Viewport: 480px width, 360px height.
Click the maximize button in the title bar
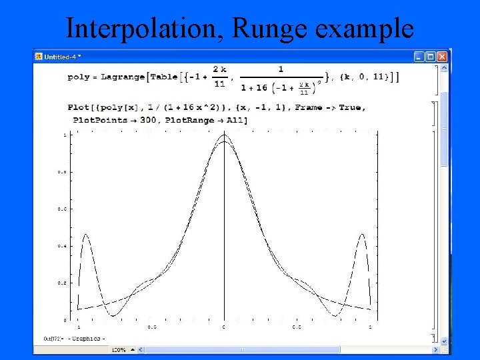430,57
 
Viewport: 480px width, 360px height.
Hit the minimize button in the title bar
419,57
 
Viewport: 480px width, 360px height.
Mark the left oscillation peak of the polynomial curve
86,235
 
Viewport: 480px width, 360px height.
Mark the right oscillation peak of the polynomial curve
362,235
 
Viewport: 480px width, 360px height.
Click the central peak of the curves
224,135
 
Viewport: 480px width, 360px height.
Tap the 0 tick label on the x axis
224,327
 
